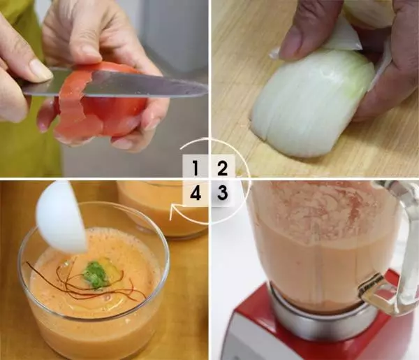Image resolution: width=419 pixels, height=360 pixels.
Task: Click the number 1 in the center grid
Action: [196, 168]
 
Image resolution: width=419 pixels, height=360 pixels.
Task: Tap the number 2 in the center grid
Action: [222, 168]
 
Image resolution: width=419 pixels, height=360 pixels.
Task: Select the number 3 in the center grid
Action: [222, 193]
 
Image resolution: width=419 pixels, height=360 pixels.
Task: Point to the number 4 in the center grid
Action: [196, 193]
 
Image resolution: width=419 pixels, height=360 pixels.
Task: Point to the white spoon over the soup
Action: [61, 217]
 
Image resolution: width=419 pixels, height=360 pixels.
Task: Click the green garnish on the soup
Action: [95, 275]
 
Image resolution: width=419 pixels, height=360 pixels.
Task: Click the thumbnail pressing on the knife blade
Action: [41, 70]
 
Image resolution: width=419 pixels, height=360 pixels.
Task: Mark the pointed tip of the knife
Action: [207, 88]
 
